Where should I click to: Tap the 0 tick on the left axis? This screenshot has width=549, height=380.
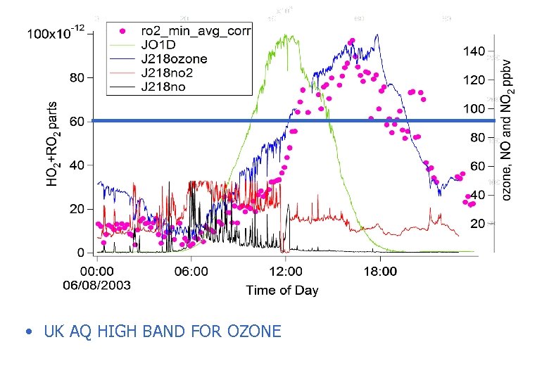(x=80, y=252)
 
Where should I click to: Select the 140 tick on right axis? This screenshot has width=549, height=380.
(x=474, y=51)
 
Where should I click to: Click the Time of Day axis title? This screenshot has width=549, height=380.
(x=282, y=290)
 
